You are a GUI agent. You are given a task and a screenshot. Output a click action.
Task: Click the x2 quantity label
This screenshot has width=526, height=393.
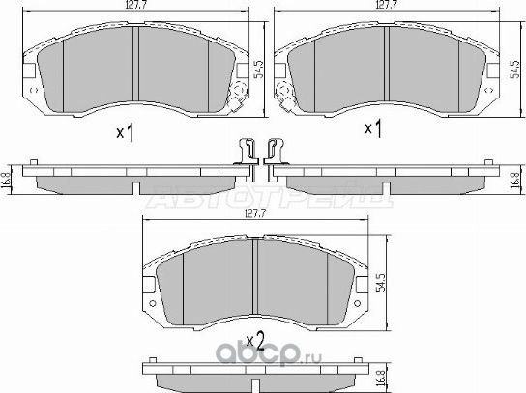point(255,339)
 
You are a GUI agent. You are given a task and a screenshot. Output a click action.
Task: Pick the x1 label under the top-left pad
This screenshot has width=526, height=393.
point(124,131)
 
